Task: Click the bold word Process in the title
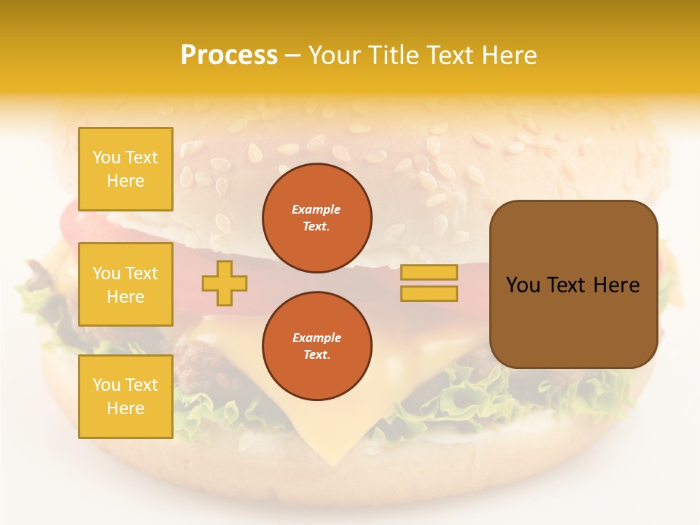229,55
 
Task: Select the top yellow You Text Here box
125,169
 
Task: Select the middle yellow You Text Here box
125,284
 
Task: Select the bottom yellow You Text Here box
125,397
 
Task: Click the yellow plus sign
225,283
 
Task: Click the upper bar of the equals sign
429,272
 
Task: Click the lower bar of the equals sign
429,293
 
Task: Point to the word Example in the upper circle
316,209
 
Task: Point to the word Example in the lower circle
316,338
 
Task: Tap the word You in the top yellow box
106,157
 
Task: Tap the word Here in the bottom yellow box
125,408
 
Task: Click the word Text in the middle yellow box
141,273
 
